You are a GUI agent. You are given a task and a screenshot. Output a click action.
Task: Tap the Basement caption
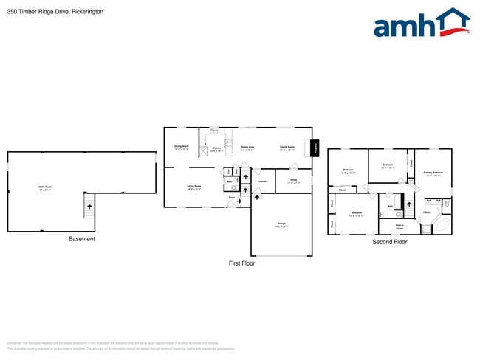pos(81,238)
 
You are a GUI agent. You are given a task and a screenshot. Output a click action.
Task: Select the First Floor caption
pos(241,263)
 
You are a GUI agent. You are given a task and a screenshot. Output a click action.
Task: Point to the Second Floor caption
pos(389,241)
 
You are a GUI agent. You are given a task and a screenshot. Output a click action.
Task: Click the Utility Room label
pos(44,187)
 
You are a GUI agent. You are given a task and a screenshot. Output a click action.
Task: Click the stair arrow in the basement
pos(90,207)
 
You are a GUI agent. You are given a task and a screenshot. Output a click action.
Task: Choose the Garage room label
pos(281,224)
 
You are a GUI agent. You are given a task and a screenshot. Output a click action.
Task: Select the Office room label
pos(293,181)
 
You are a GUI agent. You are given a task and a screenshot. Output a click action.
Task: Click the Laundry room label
pos(263,181)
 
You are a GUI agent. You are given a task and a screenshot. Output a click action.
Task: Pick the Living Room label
pos(194,187)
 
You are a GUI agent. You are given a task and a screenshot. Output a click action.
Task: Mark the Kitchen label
pos(216,149)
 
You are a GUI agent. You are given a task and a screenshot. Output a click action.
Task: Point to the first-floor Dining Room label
pos(182,148)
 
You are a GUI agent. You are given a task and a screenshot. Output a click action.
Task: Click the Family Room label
pos(287,148)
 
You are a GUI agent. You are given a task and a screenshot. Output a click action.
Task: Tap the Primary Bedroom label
pos(433,174)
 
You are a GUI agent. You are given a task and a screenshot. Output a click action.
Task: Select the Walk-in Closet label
pos(400,226)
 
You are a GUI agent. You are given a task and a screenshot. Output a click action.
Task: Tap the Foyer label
pos(231,198)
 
